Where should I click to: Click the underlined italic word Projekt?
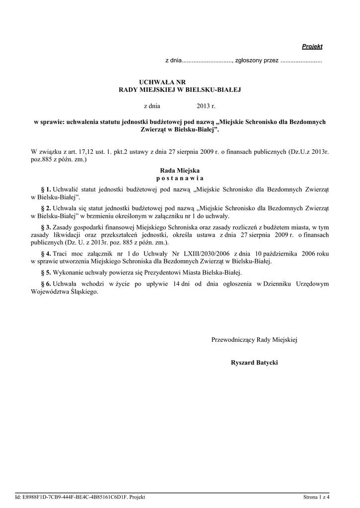(312, 47)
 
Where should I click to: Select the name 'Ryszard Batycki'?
(254, 363)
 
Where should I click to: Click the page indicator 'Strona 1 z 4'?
(316, 497)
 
